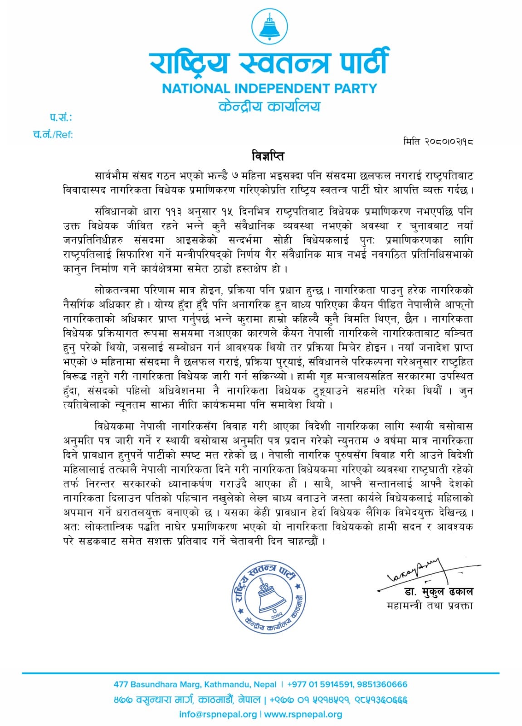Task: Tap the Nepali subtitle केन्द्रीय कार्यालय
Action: click(x=269, y=106)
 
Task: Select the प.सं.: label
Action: click(x=61, y=118)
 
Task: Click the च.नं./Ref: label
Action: click(x=53, y=134)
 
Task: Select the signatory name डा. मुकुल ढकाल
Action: click(x=438, y=592)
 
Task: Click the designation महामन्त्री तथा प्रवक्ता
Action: click(x=429, y=605)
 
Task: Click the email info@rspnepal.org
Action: click(x=218, y=714)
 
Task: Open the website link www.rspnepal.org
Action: click(x=303, y=714)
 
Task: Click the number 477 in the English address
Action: click(x=121, y=684)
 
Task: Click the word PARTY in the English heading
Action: click(x=356, y=88)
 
